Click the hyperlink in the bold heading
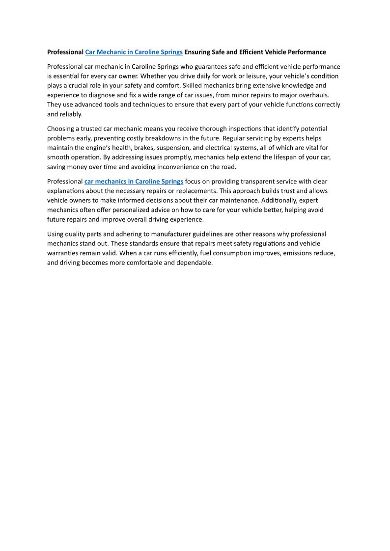pos(134,52)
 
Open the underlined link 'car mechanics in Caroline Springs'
pos(134,182)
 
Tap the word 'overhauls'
pos(323,95)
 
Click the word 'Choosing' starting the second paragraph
pos(60,129)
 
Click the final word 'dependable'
pos(193,262)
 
